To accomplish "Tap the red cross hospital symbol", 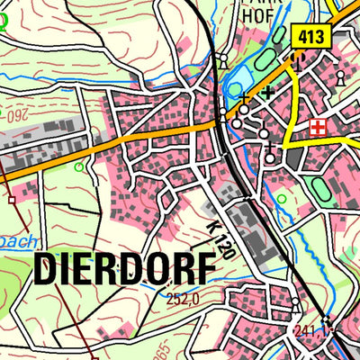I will pos(317,128).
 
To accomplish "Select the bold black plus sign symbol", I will pos(267,92).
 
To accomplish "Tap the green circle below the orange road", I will pos(79,166).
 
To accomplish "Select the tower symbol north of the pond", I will pos(222,59).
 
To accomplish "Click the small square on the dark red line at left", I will pos(12,200).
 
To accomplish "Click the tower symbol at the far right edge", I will pos(340,79).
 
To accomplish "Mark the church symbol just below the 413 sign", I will pos(298,59).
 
